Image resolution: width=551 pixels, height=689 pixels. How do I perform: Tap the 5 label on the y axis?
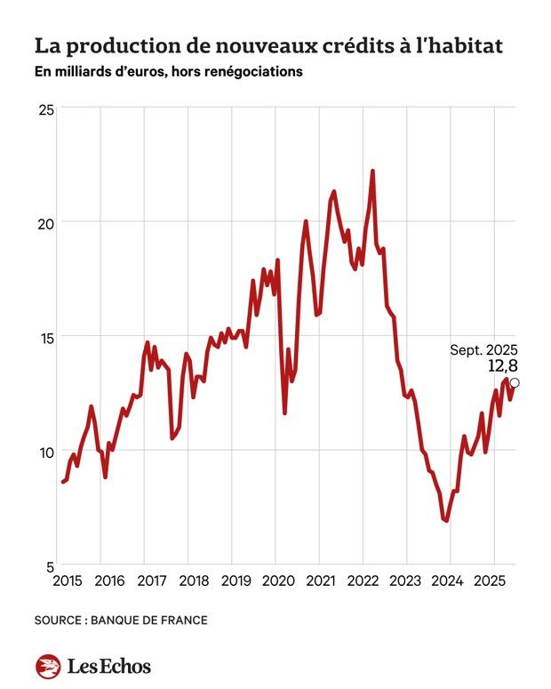[50, 566]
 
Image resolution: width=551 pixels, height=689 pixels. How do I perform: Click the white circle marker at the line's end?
[515, 383]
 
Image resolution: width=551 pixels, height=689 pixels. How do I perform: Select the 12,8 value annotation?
[502, 365]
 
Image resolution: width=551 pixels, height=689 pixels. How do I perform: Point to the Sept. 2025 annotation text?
[483, 349]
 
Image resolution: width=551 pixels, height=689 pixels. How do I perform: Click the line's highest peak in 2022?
[372, 171]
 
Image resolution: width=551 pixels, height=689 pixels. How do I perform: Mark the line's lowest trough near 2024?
[446, 521]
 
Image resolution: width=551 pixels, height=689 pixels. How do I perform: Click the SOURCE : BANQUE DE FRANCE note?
[121, 620]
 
